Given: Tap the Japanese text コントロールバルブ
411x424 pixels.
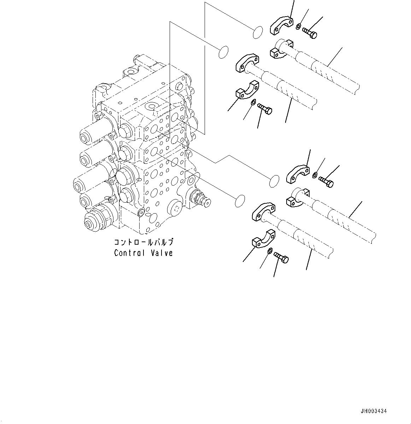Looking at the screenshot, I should pyautogui.click(x=143, y=243).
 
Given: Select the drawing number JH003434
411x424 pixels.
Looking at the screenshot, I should pyautogui.click(x=374, y=411).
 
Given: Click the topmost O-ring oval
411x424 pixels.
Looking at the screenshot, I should pyautogui.click(x=258, y=32).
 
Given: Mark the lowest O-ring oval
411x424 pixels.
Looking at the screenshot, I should pyautogui.click(x=240, y=200).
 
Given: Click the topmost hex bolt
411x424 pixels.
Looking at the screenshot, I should pyautogui.click(x=310, y=33).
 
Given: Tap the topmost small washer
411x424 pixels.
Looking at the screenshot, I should pyautogui.click(x=299, y=26).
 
